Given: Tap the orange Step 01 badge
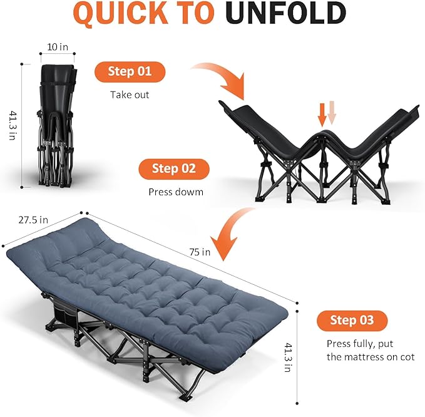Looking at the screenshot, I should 130,71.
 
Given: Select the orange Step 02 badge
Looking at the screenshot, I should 173,169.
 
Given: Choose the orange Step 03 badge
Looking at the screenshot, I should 351,321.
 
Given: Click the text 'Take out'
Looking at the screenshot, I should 130,95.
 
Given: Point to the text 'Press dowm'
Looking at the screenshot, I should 176,192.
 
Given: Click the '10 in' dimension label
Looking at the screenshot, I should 57,47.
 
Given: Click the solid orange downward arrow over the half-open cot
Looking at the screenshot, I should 322,114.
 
